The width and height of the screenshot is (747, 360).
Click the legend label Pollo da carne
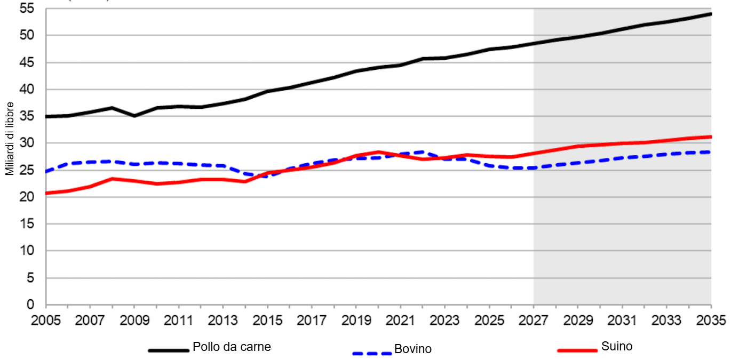pos(232,347)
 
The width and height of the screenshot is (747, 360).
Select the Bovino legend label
pos(412,349)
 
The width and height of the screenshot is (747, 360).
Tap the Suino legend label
pos(617,346)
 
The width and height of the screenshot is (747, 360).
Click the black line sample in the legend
pos(169,350)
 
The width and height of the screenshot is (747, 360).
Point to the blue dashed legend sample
pos(372,353)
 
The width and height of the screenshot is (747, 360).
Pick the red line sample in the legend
pos(577,350)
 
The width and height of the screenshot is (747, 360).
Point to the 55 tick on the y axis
pos(27,9)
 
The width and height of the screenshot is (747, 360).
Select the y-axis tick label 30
pos(27,143)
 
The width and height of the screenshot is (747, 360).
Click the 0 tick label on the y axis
pos(30,305)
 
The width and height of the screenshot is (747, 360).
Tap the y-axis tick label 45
pos(27,62)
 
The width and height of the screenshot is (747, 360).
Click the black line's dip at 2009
pos(134,116)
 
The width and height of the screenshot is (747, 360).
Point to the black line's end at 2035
pos(711,13)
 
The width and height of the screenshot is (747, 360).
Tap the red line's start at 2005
pos(46,193)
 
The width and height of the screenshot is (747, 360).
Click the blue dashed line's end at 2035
pos(711,152)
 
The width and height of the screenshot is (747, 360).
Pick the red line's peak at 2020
pos(378,152)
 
